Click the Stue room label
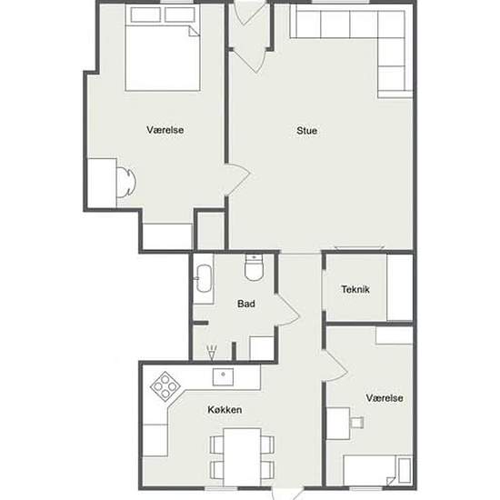point(306,130)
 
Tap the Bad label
point(246,304)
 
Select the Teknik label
point(355,289)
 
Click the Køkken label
point(225,410)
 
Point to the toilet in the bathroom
point(254,267)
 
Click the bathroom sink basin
point(204,278)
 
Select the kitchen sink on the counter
point(223,377)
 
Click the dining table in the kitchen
point(242,456)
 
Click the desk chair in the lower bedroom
point(357,423)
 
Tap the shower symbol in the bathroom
point(212,353)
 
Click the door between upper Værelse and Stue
point(238,179)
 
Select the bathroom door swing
point(287,309)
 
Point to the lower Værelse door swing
point(335,365)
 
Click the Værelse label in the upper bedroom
point(165,130)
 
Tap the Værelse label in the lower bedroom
point(385,398)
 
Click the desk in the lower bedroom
point(338,424)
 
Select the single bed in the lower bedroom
point(378,471)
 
